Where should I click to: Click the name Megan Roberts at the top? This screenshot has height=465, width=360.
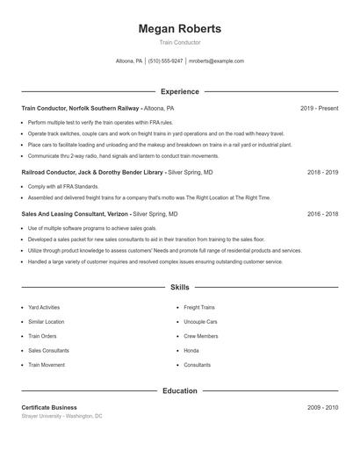[179, 29]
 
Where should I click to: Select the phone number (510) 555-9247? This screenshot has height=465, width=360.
[165, 61]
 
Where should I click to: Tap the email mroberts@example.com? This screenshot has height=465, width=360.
[216, 61]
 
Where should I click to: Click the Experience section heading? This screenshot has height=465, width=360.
[179, 91]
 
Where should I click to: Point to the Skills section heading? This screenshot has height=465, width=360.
[179, 287]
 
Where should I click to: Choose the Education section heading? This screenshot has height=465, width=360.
[179, 390]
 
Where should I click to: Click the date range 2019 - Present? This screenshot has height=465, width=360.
[319, 108]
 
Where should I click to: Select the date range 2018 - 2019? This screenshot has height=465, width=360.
[322, 173]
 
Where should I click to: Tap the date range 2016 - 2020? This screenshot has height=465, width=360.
[322, 213]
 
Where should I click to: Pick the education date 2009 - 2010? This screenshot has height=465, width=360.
[322, 408]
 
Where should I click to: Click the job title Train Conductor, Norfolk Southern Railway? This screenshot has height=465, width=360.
[80, 108]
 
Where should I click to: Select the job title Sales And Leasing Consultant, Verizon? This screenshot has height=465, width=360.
[75, 213]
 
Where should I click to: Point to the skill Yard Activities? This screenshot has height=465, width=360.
[44, 308]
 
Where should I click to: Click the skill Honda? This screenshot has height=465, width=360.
[191, 350]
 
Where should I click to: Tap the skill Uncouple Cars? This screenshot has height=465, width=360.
[200, 322]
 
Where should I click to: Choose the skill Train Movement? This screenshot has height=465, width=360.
[47, 364]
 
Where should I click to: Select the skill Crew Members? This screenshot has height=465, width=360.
[200, 336]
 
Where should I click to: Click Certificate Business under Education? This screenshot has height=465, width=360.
[49, 408]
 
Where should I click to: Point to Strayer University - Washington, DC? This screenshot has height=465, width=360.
[61, 416]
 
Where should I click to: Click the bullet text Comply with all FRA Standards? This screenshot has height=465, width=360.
[63, 187]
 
